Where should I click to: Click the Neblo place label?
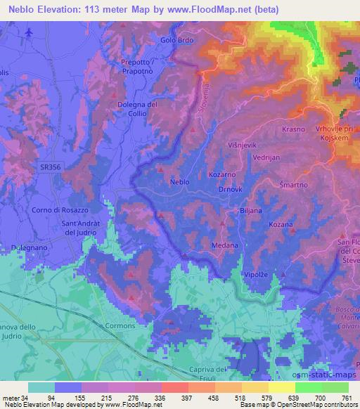click(180, 182)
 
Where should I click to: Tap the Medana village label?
click(224, 245)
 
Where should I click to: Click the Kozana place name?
click(281, 224)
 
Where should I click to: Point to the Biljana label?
click(250, 209)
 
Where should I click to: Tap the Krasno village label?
click(293, 130)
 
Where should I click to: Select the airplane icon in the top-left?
click(28, 33)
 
